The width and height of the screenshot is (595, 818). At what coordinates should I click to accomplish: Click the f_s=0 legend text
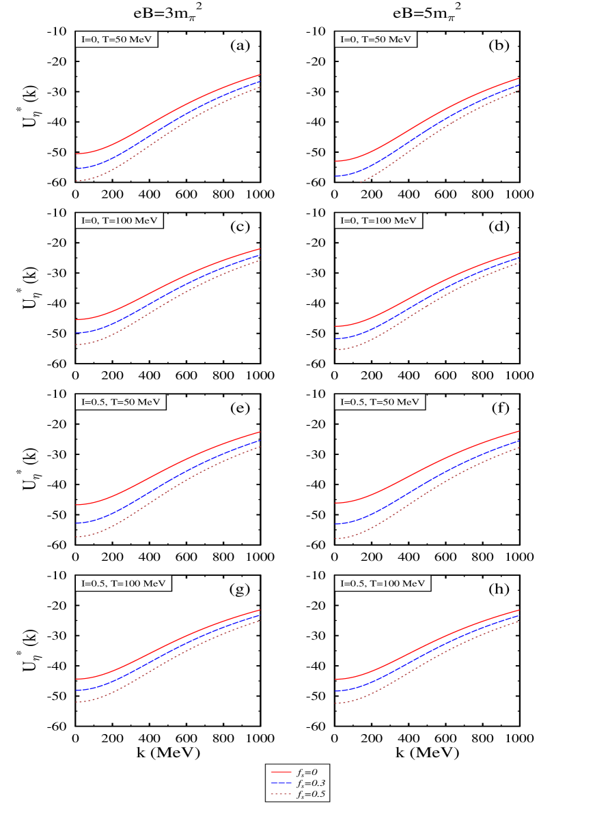tap(307, 772)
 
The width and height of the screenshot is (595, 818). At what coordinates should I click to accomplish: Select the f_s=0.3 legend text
tap(311, 783)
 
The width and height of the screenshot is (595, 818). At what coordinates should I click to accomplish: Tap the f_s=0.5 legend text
tap(311, 794)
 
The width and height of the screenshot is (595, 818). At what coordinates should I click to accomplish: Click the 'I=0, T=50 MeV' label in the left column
tap(117, 40)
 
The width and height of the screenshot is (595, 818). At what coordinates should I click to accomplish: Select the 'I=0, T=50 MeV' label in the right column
tap(376, 40)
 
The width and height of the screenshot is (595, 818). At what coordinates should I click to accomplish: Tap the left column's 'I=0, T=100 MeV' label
tap(120, 221)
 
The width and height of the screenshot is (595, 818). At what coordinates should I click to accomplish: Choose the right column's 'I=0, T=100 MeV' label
tap(379, 221)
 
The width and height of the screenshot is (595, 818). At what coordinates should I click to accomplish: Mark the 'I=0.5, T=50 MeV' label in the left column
tap(121, 402)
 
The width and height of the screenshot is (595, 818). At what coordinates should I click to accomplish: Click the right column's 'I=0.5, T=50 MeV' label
tap(380, 402)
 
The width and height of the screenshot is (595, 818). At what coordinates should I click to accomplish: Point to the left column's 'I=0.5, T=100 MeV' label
tap(124, 583)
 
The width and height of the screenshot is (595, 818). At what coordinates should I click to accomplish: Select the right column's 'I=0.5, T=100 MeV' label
tap(383, 583)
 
